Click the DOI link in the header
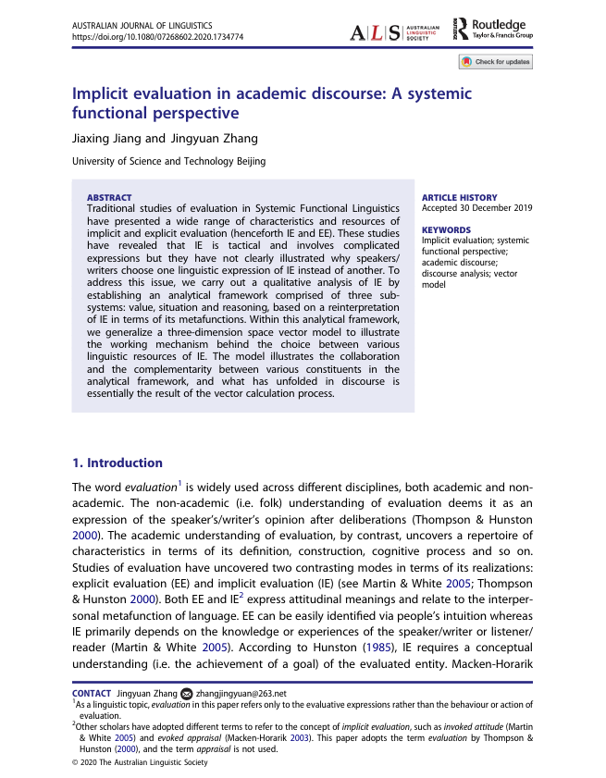158,37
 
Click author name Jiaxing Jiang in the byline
106,140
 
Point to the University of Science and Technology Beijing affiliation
169,161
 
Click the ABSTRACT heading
109,197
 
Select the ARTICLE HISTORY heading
459,197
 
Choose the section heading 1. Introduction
117,463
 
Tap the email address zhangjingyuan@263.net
241,693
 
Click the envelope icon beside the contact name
186,693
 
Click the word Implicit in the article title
104,93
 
